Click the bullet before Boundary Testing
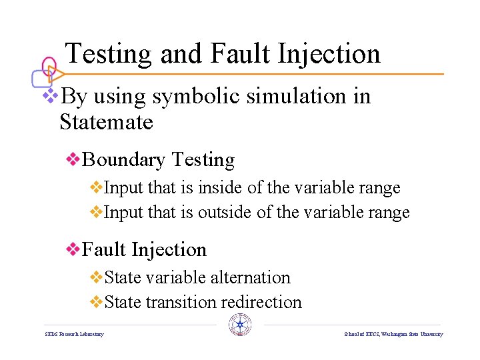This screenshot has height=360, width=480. pyautogui.click(x=73, y=160)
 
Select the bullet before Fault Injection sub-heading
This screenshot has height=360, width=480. pyautogui.click(x=73, y=249)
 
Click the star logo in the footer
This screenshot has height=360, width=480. pyautogui.click(x=240, y=325)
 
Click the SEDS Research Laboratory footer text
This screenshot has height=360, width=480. pyautogui.click(x=74, y=334)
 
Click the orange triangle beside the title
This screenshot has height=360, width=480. pyautogui.click(x=57, y=73)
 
